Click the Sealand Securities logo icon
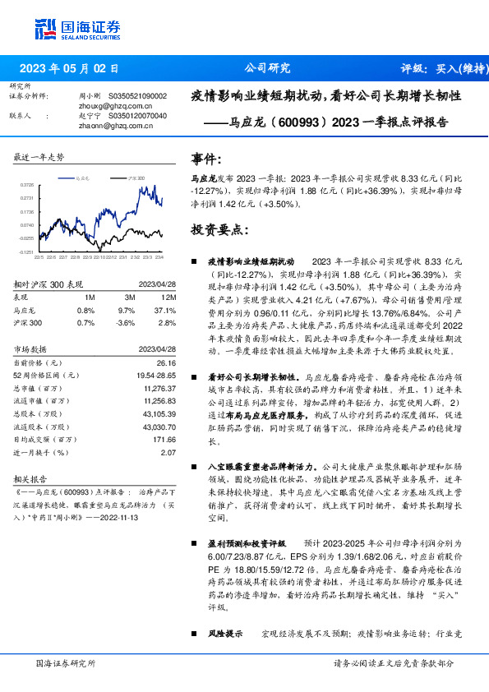pyautogui.click(x=45, y=27)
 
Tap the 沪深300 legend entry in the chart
pyautogui.click(x=136, y=177)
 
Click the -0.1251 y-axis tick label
pyautogui.click(x=26, y=252)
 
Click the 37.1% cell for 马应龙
pyautogui.click(x=166, y=311)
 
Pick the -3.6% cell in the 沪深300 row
pyautogui.click(x=126, y=324)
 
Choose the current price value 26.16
pyautogui.click(x=167, y=362)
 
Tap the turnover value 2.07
pyautogui.click(x=169, y=452)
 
